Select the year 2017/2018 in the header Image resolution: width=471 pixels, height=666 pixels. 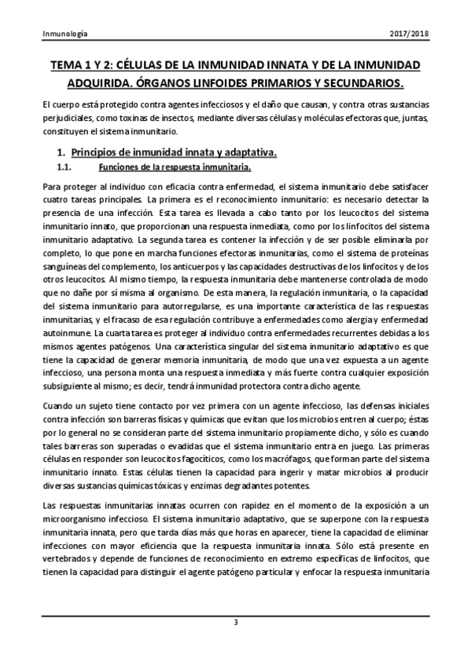pos(409,35)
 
